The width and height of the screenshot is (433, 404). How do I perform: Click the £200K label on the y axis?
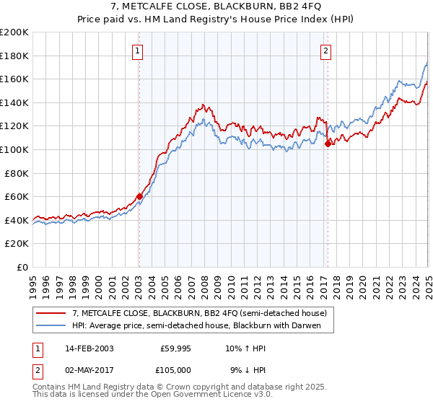14,32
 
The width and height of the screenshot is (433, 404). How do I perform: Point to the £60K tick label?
17,196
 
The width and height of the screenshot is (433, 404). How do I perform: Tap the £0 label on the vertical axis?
23,267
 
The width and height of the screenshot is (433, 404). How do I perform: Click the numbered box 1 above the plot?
138,51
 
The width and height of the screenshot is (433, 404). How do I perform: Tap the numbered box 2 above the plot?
326,51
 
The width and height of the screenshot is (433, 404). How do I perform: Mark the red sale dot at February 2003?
139,196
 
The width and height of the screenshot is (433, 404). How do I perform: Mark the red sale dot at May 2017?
328,144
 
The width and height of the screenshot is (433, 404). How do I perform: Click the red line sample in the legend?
51,313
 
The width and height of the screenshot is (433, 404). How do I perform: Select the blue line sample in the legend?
51,325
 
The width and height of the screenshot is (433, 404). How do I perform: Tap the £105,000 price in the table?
176,370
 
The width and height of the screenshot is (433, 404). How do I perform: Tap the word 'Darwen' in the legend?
315,325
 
